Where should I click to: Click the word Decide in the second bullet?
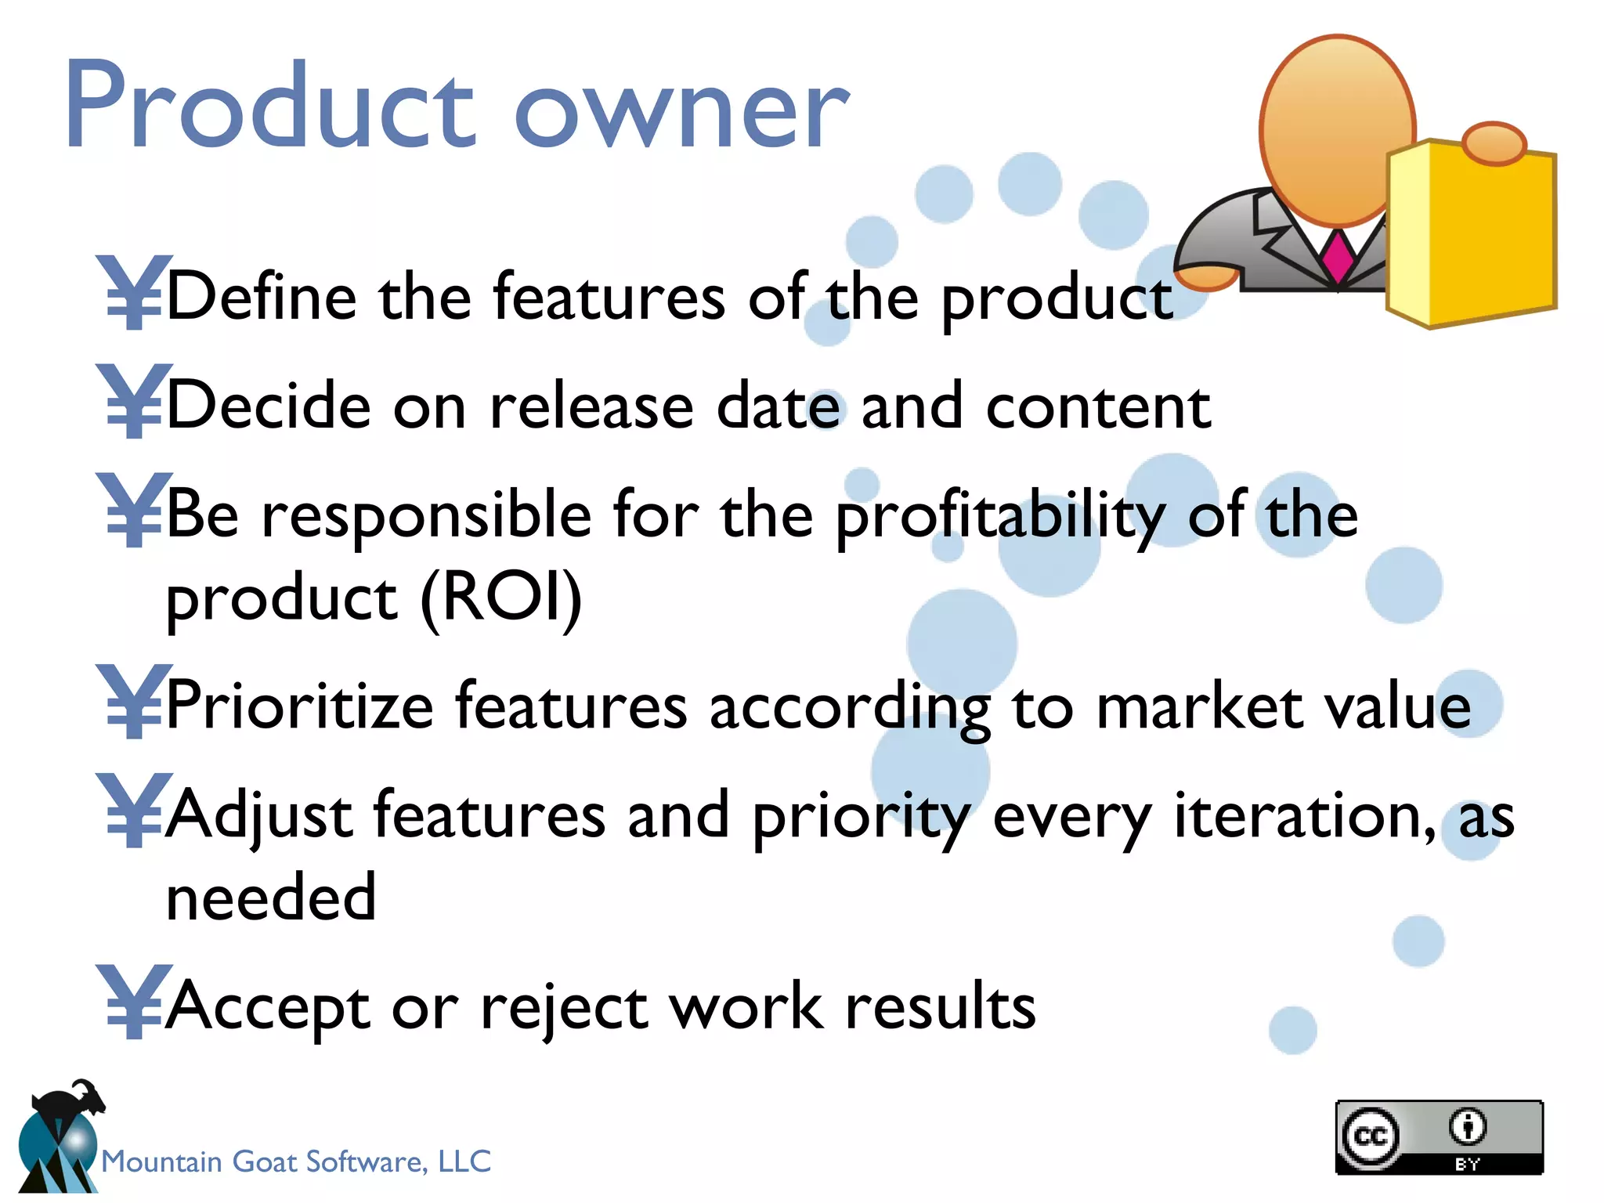tap(268, 406)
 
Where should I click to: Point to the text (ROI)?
tap(501, 597)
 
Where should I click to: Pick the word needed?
tap(271, 897)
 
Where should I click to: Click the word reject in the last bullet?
tap(564, 1009)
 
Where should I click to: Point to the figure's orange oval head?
tap(1338, 129)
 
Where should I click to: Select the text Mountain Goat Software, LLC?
tap(296, 1161)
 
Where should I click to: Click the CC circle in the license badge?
tap(1370, 1136)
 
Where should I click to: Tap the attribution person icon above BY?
tap(1467, 1126)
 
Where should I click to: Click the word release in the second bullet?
tap(591, 406)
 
